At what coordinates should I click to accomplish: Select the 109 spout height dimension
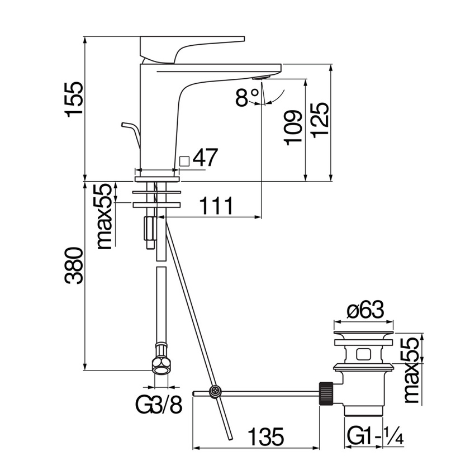click(293, 127)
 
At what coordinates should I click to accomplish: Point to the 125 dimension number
click(320, 123)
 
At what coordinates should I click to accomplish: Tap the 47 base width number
click(205, 158)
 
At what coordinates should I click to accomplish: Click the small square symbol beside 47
click(184, 160)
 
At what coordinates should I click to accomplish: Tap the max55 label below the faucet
click(104, 216)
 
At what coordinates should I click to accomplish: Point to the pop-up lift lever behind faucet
click(131, 130)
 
